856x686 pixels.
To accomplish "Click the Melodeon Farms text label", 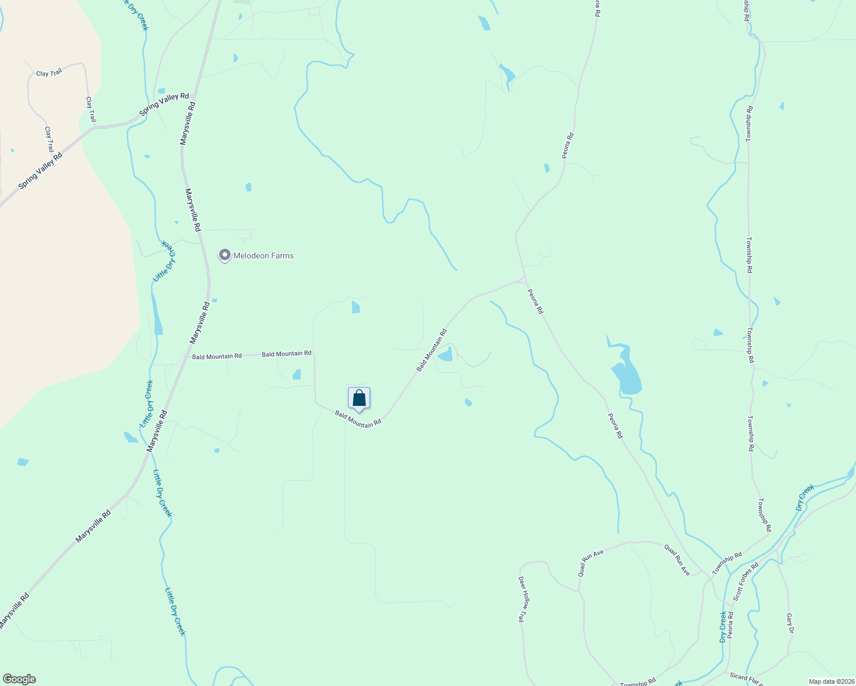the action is tap(263, 256).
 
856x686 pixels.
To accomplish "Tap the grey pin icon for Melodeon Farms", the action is tap(225, 255).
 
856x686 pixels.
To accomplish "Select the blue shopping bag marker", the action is tap(359, 398).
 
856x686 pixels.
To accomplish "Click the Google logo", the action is tap(19, 679).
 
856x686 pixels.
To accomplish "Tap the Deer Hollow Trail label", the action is tap(522, 599).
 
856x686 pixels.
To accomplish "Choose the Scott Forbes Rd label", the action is tap(746, 581).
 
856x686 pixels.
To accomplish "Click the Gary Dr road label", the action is tap(790, 624).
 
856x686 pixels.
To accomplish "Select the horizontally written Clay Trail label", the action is tap(49, 73).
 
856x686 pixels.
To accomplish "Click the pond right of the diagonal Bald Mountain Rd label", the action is tap(446, 355).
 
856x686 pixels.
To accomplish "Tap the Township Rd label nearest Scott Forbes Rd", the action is tap(727, 563).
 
